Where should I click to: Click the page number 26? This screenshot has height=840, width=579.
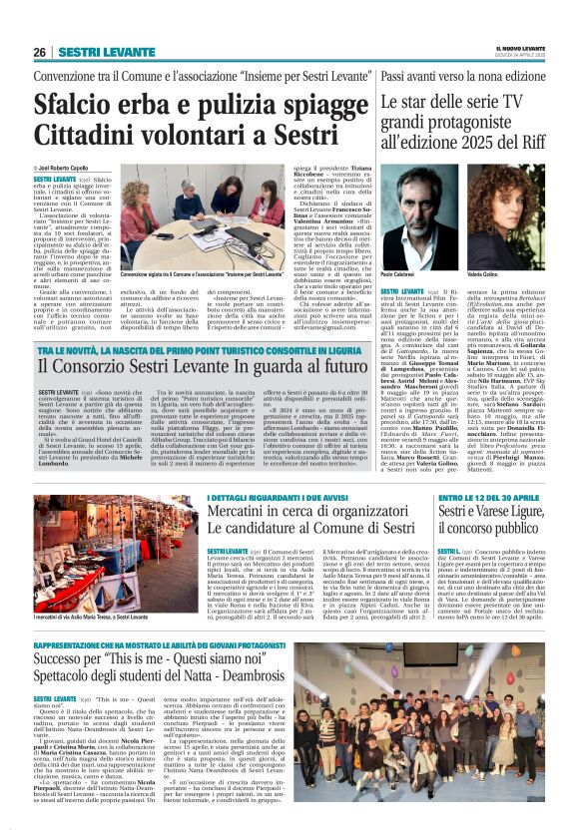pos(40,52)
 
